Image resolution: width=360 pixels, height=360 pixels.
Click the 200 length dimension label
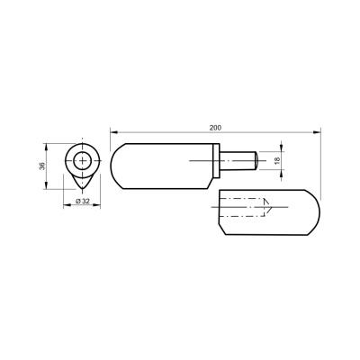[x=215, y=128]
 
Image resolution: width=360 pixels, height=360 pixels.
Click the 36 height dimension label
[x=42, y=166]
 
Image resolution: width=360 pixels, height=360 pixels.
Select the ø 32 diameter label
[x=83, y=202]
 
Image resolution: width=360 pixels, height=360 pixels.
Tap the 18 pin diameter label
[x=277, y=160]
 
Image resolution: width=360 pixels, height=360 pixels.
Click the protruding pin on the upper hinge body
[x=238, y=161]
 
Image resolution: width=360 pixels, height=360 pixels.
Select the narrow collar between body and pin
[x=216, y=161]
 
